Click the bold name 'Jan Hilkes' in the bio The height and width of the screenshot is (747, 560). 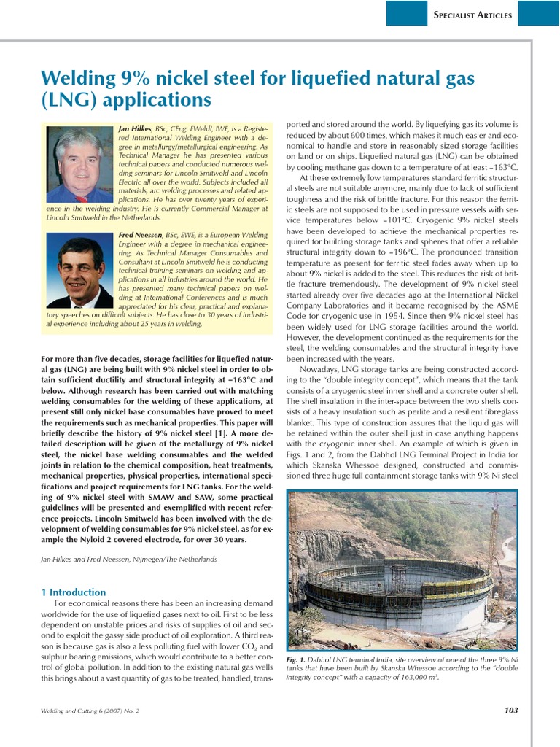point(135,128)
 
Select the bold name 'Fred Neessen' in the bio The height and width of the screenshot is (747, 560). point(141,234)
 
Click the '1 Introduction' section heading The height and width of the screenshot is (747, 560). point(73,592)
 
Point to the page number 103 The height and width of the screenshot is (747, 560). point(510,709)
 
